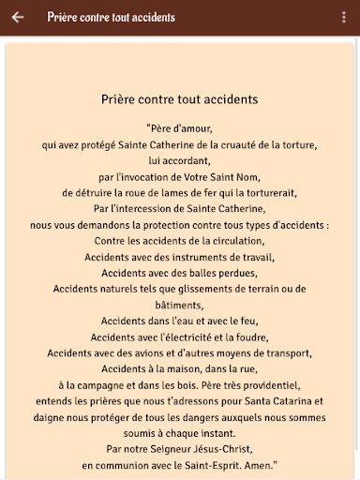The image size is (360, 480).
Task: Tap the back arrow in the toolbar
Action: pyautogui.click(x=18, y=18)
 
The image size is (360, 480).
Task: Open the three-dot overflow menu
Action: pyautogui.click(x=342, y=18)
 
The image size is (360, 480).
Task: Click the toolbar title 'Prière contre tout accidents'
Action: pyautogui.click(x=110, y=18)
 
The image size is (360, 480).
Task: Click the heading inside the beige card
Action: pyautogui.click(x=179, y=97)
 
